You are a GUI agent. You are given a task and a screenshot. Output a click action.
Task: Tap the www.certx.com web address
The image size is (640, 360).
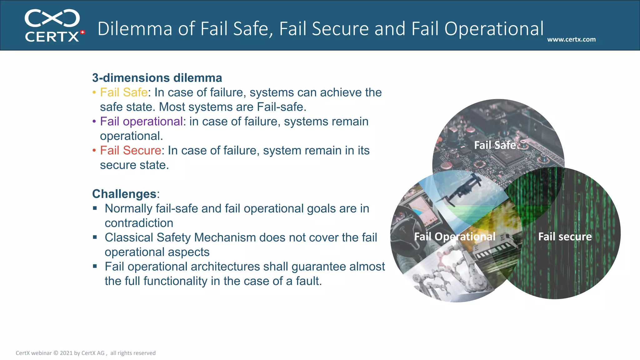[x=571, y=39]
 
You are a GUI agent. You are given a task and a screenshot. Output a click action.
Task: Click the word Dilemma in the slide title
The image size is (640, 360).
[x=135, y=29]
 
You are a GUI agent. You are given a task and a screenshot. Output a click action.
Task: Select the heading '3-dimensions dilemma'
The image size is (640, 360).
[x=157, y=78]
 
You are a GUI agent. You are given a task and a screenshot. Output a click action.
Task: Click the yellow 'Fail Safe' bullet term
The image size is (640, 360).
[x=123, y=92]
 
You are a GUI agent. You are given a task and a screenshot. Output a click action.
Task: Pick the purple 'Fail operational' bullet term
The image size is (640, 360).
[x=141, y=122]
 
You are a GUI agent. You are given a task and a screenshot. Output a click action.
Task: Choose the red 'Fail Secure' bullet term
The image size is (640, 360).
[x=130, y=151]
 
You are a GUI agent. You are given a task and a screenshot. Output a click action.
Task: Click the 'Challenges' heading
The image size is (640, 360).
[x=124, y=194]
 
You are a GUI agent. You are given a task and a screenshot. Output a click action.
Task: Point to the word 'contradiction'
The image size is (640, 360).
[x=139, y=223]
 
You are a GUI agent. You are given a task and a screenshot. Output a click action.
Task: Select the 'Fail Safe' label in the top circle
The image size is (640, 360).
[x=495, y=145]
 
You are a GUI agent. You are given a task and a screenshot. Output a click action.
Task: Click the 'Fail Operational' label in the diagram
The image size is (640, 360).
[x=455, y=237]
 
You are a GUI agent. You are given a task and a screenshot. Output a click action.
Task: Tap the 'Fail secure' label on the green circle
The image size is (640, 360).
[x=565, y=237]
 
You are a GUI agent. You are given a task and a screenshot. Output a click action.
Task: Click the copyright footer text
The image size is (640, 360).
[x=86, y=353]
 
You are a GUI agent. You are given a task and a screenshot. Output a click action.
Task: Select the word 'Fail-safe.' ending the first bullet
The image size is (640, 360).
[x=281, y=107]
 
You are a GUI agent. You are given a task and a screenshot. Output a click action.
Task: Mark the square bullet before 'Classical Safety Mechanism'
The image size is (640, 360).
[x=95, y=237]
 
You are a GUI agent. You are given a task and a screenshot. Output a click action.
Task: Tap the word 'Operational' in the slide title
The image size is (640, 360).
[x=494, y=29]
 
